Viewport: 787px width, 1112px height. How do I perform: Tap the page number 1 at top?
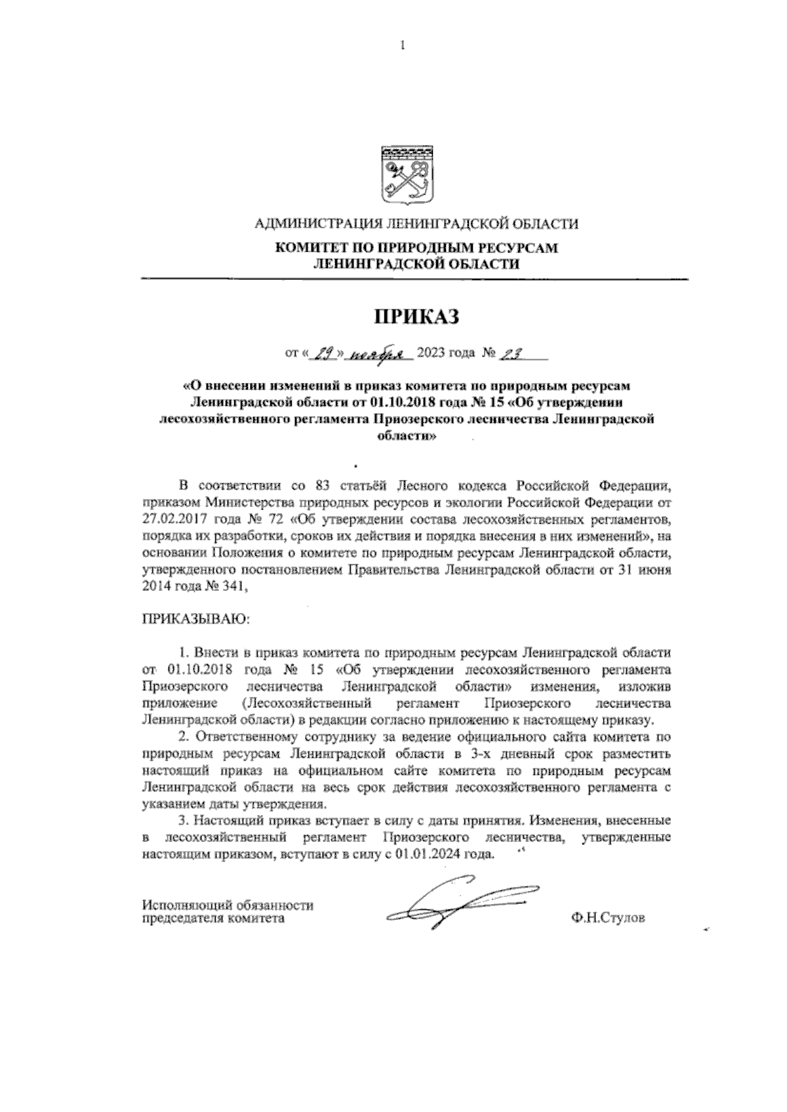click(402, 46)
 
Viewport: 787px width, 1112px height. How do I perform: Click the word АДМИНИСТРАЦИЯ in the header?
click(315, 225)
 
